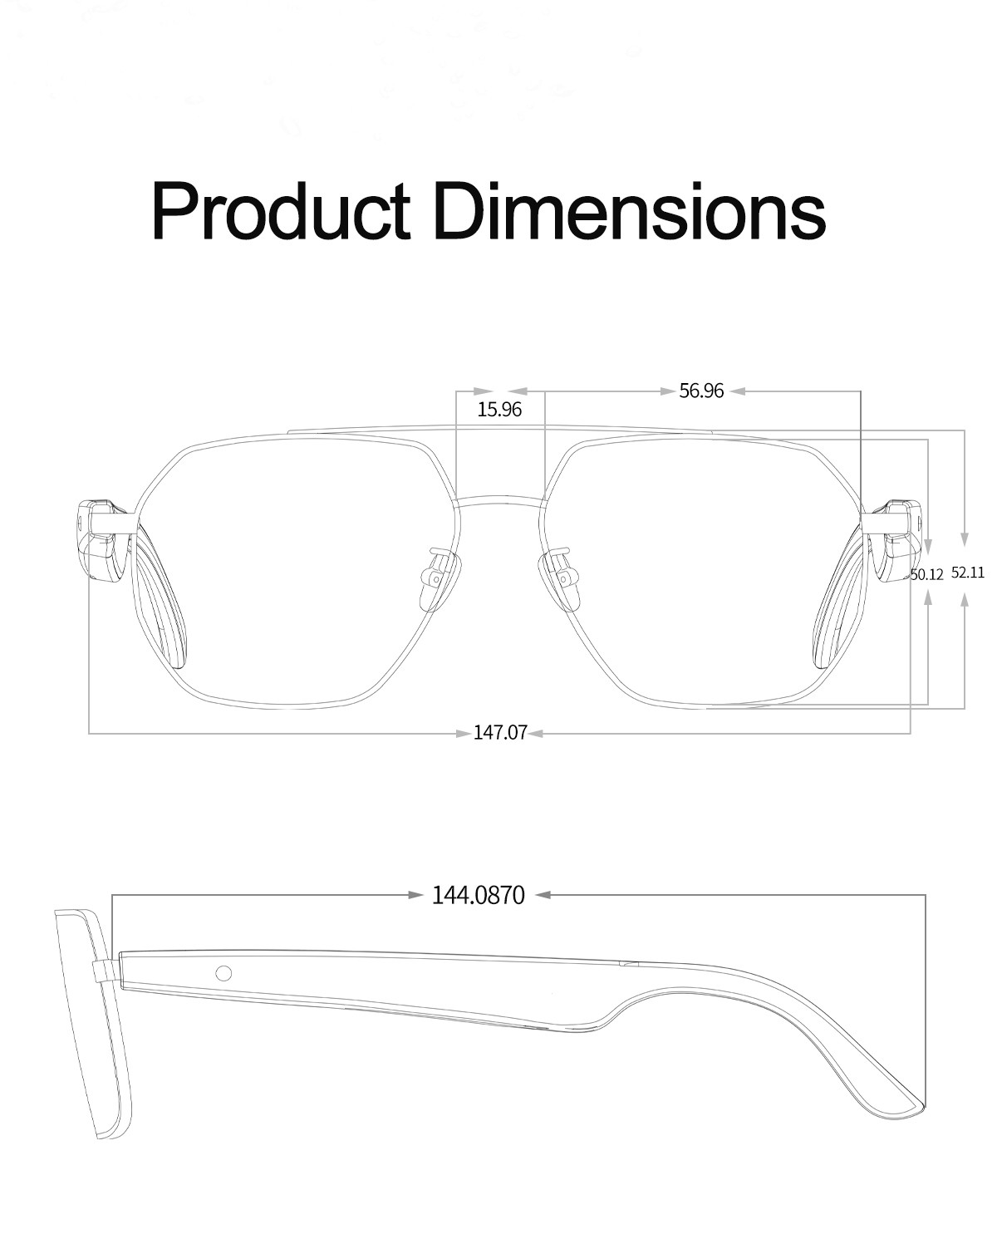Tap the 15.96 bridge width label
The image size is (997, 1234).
pos(499,409)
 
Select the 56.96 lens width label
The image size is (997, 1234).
pos(701,391)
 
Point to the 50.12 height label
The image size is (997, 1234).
pos(927,574)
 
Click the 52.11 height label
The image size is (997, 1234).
pos(967,573)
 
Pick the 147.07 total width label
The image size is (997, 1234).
pos(500,733)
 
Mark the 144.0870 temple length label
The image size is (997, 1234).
pos(479,895)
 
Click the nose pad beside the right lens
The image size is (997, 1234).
pos(561,575)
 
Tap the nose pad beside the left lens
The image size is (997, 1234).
pos(437,575)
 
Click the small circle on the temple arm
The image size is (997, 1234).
pos(223,973)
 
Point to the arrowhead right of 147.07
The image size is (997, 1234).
pos(536,733)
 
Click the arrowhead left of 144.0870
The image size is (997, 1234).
pos(416,895)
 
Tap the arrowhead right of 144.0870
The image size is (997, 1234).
pos(543,895)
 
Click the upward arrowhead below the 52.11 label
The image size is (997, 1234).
pos(964,601)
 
